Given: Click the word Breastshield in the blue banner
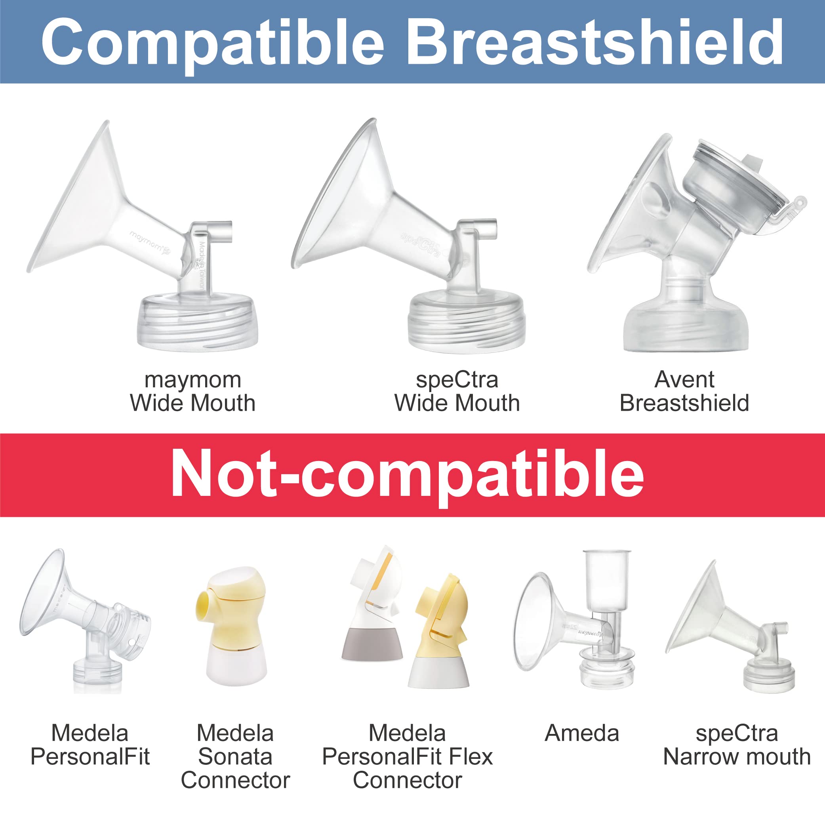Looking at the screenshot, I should [x=594, y=42].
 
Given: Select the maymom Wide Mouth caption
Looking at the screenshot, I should [x=192, y=391].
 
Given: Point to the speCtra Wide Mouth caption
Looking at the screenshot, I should [x=457, y=391].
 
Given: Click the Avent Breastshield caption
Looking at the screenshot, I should [x=684, y=391].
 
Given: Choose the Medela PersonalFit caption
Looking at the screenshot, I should [x=90, y=745].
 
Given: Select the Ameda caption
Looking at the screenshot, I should [x=581, y=734].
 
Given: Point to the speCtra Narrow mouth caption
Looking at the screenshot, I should [x=737, y=745].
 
